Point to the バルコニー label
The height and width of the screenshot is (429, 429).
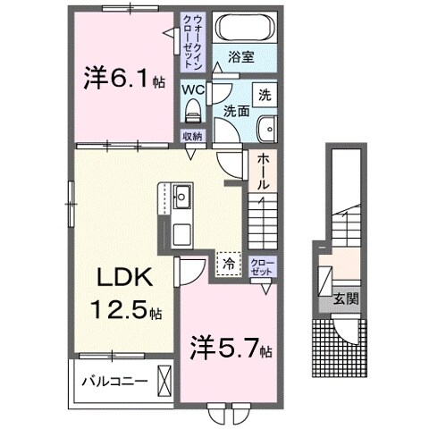click(112, 380)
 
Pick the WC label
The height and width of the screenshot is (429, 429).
click(193, 89)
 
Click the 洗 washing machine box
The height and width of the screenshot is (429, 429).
click(265, 94)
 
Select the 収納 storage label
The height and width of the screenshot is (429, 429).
click(192, 136)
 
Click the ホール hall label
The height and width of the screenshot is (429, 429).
click(265, 170)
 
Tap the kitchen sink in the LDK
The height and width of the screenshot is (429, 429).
click(181, 196)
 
